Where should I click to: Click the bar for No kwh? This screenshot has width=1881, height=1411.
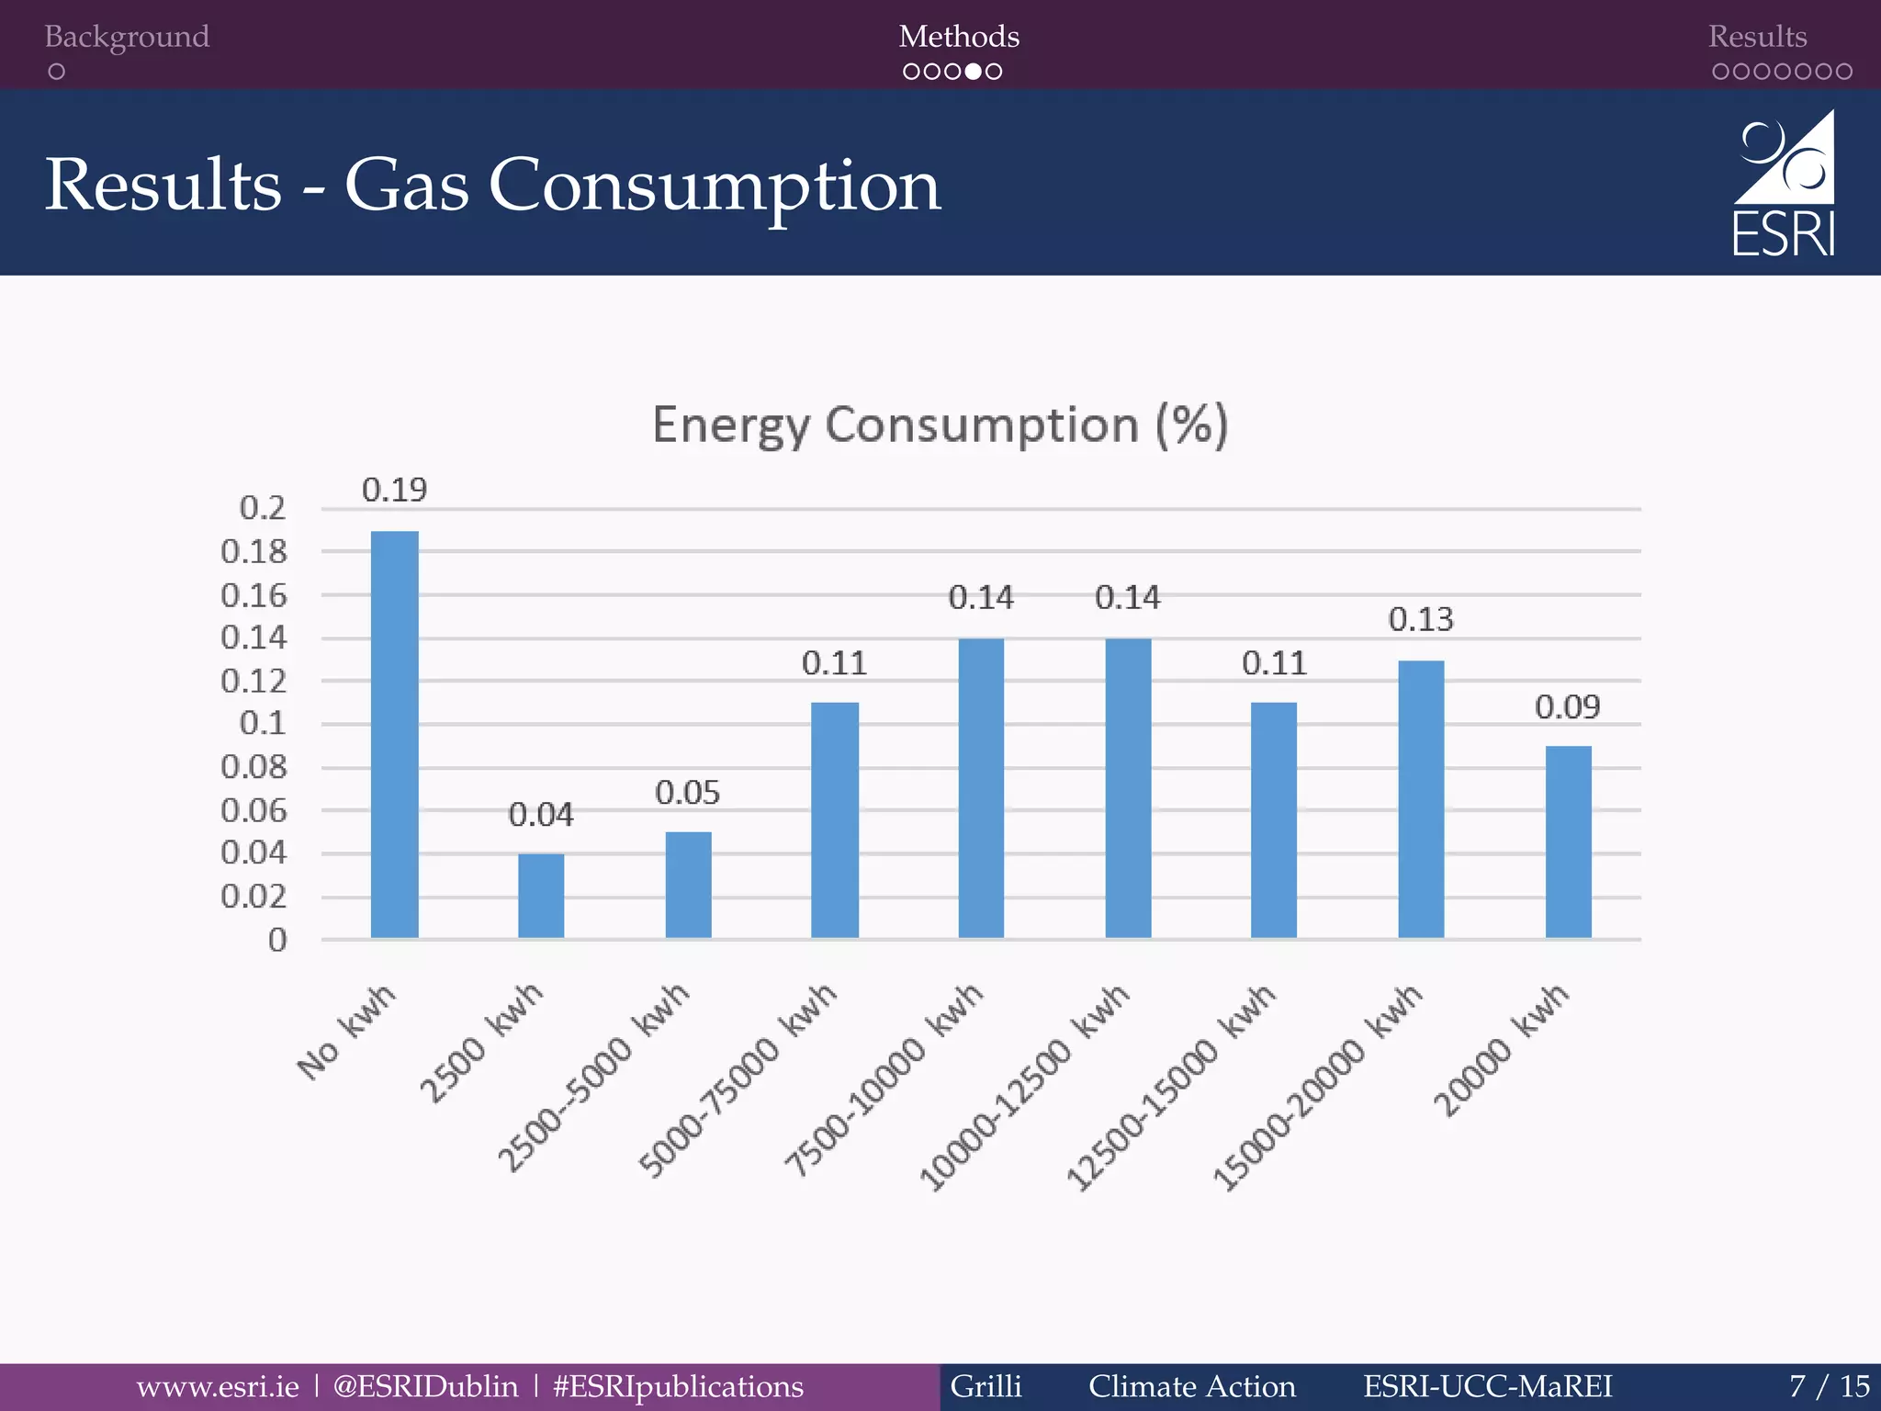395,735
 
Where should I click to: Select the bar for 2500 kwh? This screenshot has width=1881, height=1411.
541,896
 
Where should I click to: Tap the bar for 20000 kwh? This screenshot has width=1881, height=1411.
1568,841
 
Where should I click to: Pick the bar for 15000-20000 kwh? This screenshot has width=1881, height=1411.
1421,799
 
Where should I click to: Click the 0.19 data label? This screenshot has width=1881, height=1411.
395,491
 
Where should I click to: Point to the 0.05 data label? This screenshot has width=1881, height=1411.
687,793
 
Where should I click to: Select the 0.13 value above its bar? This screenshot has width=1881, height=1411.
1421,620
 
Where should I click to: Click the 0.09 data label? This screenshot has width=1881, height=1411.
1568,707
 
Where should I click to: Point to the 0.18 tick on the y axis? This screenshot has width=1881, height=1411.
254,552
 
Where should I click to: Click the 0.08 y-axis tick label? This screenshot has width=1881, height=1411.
254,767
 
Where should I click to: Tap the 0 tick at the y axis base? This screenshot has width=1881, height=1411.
277,940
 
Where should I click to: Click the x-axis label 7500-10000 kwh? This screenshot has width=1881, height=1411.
884,1080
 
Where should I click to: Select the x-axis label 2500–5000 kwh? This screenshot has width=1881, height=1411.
593,1078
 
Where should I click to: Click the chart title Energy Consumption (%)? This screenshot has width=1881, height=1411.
940,425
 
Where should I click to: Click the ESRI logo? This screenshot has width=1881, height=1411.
1784,185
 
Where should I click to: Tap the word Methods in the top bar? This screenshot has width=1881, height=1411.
959,37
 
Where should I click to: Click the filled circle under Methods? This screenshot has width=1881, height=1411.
974,72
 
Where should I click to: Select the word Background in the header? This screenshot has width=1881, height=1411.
127,37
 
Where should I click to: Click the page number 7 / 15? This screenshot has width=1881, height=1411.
1829,1386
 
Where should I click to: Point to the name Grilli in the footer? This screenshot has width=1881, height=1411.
986,1386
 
